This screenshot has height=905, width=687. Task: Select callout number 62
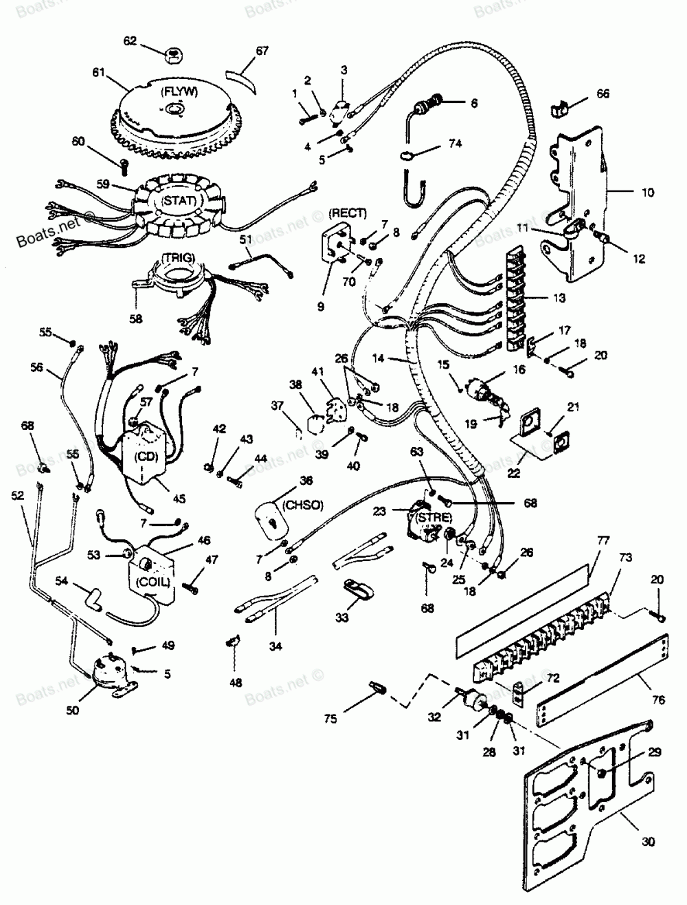129,41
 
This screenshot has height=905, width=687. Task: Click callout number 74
455,144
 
